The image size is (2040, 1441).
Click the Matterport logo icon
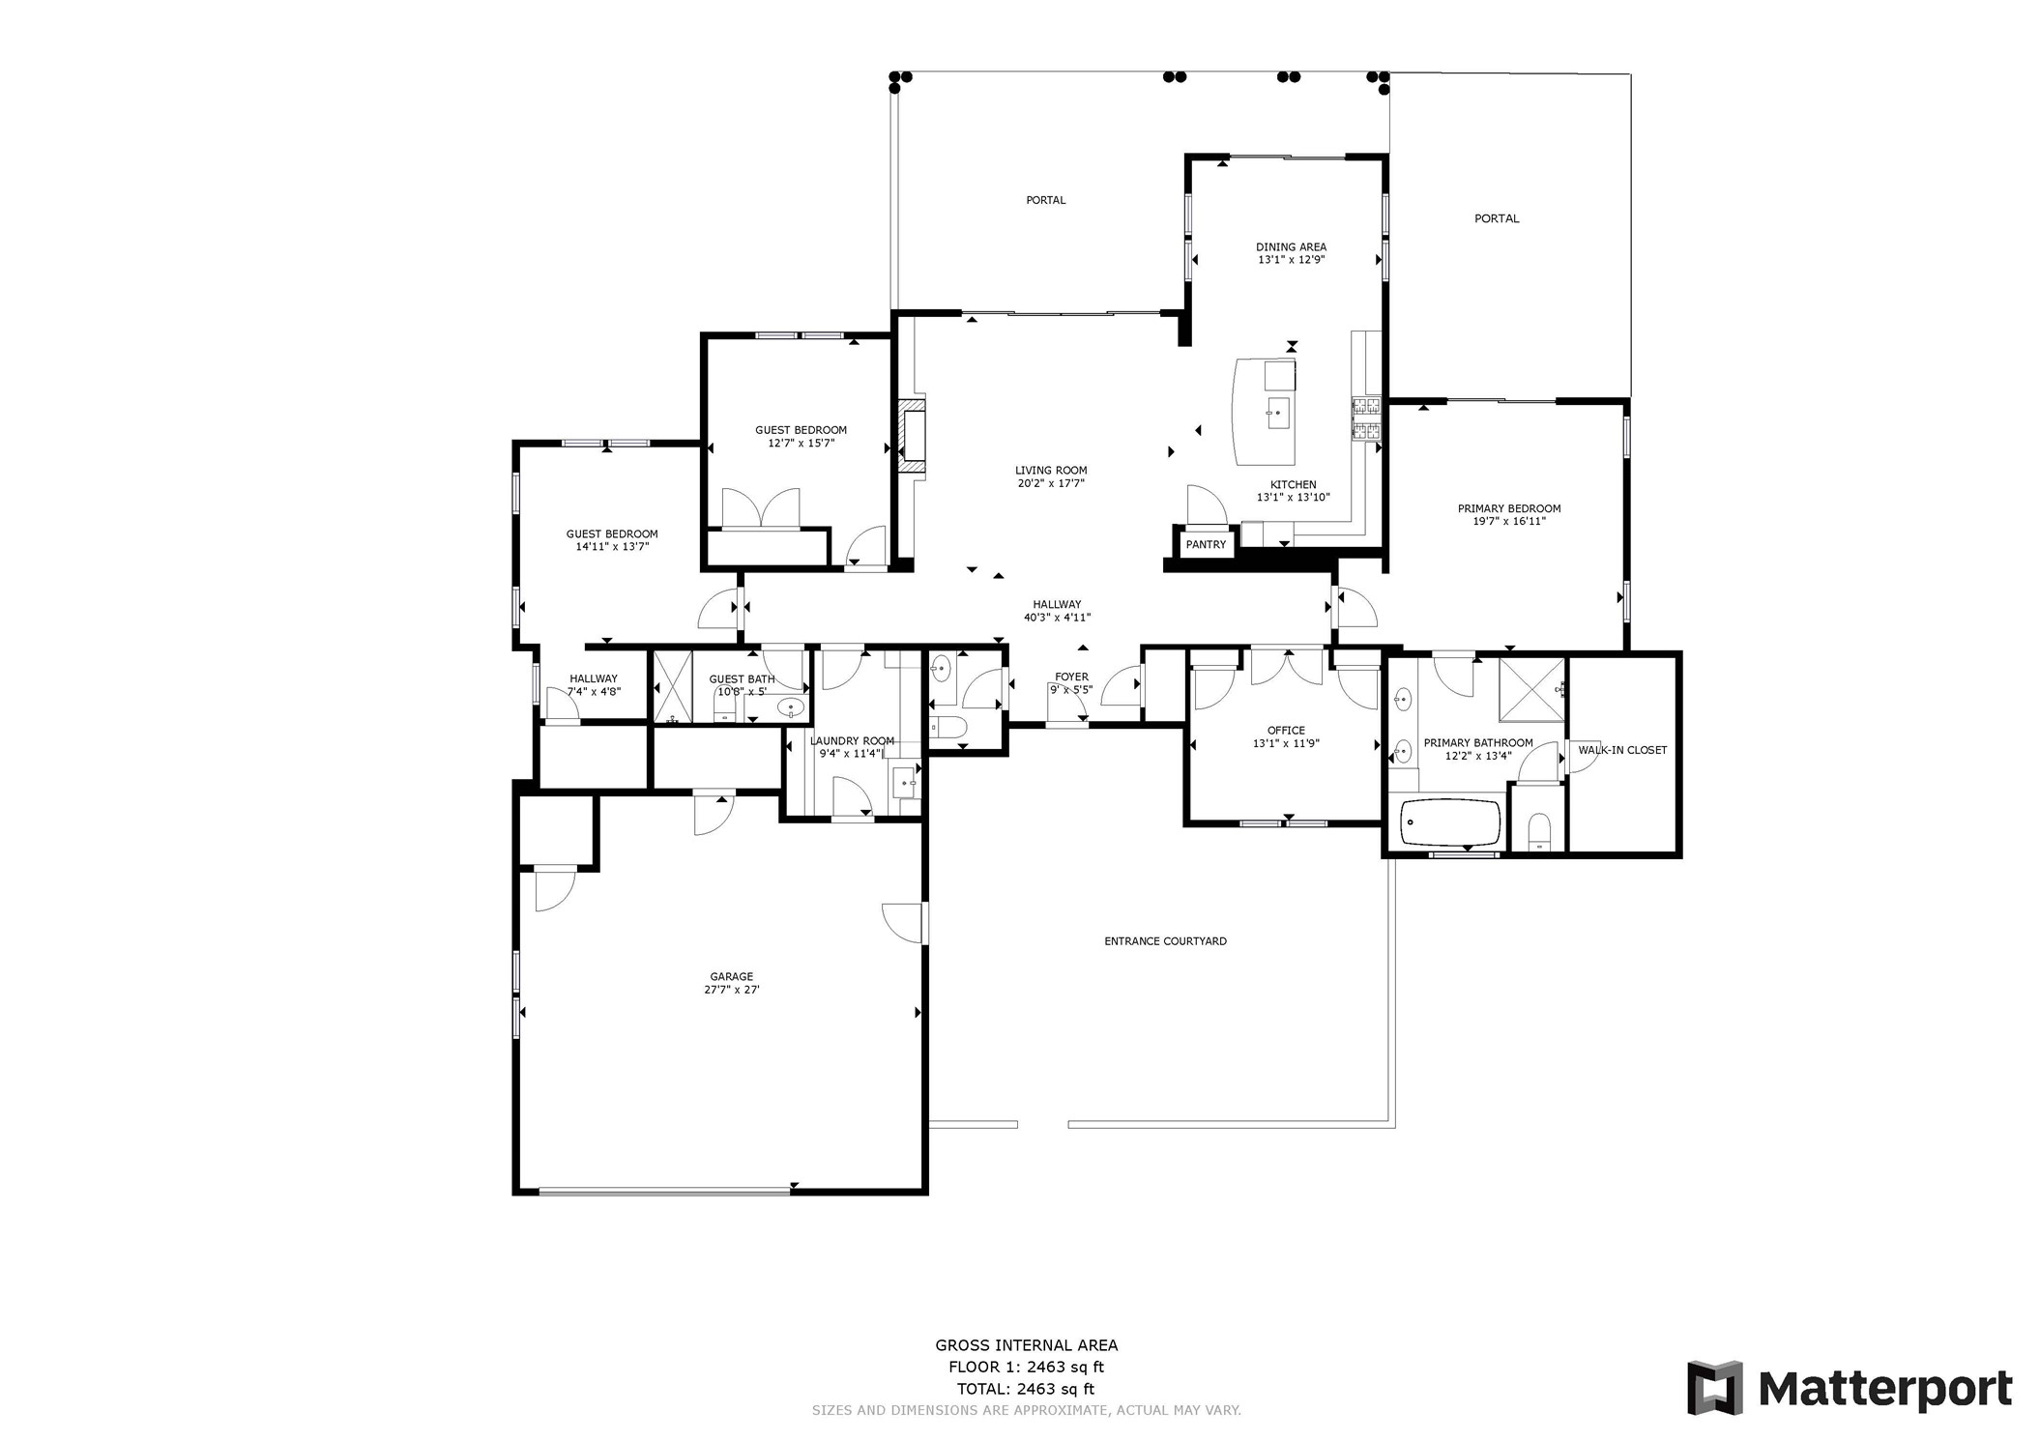(x=1715, y=1387)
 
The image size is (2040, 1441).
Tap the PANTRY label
(x=1206, y=544)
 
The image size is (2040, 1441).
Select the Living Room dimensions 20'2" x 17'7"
(x=1051, y=483)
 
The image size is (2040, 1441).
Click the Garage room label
(x=731, y=977)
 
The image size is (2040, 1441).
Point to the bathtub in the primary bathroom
(x=1449, y=822)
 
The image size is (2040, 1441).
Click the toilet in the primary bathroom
(x=1539, y=831)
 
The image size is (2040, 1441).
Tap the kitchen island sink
(x=1278, y=414)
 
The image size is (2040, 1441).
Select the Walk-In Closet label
(x=1622, y=750)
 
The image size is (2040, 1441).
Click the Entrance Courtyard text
(x=1165, y=941)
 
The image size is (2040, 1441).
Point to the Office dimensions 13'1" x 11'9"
(x=1286, y=744)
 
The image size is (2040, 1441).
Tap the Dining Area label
(x=1291, y=247)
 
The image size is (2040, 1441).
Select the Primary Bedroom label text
(x=1509, y=508)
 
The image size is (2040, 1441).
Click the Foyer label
(x=1071, y=677)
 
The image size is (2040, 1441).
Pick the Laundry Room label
(x=852, y=741)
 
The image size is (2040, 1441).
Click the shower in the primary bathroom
(x=1531, y=689)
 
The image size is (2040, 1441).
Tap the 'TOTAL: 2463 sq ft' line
(x=1026, y=1390)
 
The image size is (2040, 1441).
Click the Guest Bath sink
(x=791, y=708)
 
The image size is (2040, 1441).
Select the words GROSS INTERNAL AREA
(x=1026, y=1345)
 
